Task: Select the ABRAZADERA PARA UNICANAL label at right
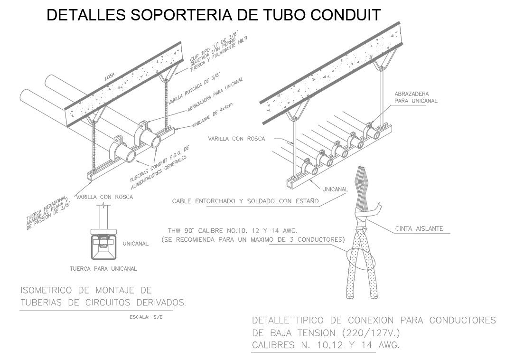(x=416, y=97)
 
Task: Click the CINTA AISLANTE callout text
(x=419, y=229)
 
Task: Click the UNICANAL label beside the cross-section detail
(x=136, y=244)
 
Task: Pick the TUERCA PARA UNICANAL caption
(x=103, y=269)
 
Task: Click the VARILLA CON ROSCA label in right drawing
(x=236, y=139)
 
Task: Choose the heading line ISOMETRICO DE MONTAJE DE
(x=86, y=290)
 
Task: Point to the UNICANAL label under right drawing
(x=335, y=189)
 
